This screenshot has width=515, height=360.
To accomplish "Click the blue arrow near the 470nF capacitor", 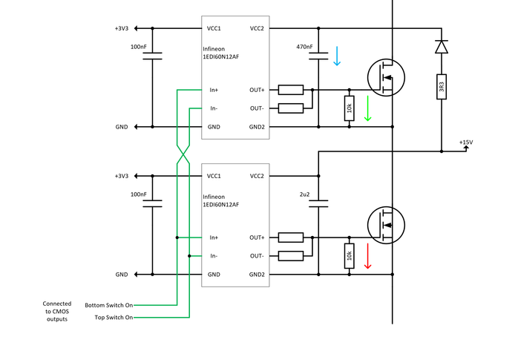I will pos(337,56).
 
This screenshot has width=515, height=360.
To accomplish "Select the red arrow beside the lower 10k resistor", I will pos(367,255).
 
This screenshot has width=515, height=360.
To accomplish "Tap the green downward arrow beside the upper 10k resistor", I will pos(367,108).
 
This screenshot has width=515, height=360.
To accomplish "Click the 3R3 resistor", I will pos(442,88).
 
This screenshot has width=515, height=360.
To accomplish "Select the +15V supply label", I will pos(465,142).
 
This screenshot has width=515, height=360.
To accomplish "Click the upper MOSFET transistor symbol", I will pos(386,76).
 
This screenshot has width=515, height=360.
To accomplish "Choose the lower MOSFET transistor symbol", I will pos(386,223).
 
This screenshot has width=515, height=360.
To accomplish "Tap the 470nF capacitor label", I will pos(304,47).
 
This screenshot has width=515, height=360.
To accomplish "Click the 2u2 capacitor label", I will pos(304,194).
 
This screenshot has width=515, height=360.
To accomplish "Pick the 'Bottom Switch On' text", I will pos(108,305).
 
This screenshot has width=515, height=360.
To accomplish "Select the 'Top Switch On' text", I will pos(114,318).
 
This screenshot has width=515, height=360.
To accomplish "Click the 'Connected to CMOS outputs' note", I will pos(57,311).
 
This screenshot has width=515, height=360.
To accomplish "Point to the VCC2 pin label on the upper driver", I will pos(257,29).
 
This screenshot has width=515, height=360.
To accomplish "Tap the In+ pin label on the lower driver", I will pos(214,238).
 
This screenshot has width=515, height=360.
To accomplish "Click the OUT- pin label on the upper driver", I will pos(257,108).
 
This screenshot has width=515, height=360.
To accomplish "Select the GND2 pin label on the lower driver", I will pos(257,275).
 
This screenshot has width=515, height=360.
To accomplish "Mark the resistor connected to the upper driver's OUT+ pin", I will pos(290,90).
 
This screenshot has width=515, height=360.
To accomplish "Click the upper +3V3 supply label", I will pos(122,29).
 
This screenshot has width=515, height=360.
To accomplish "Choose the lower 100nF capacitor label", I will pos(138,194).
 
